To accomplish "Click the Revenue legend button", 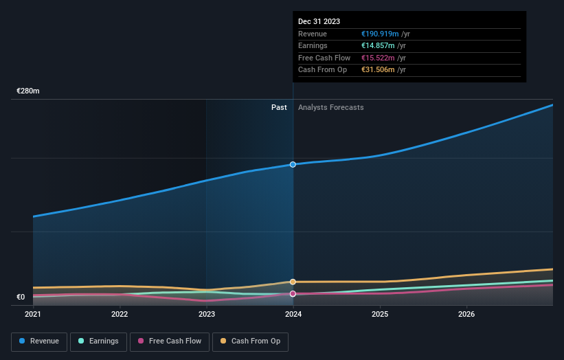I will coord(39,341).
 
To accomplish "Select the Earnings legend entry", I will coord(98,341).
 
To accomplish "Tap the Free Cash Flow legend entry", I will coord(170,341).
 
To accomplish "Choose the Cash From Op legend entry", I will coord(250,341).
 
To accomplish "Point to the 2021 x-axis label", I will coord(33,315).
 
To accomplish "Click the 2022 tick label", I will coord(120,315).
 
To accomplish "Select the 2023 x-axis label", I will coord(207,315).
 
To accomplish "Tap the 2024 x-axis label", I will coord(293,315).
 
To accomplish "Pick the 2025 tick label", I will coord(380,315).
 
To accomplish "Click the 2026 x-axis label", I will coord(466,315).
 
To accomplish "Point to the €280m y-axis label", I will coord(28,91).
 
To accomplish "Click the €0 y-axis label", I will coord(21,297).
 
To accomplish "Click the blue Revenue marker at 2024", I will coord(293,164).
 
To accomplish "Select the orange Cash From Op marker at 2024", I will coord(293,282).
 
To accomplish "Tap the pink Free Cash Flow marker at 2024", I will coord(293,294).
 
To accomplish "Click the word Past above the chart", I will coord(279,107).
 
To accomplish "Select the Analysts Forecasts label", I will coord(330,107).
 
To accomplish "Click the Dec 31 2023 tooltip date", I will coord(319,22).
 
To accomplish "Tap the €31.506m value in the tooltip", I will coord(379,70).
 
